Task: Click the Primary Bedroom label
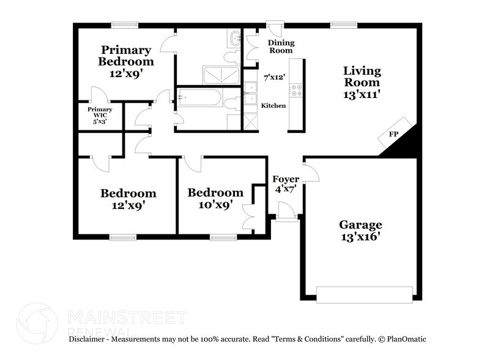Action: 127,56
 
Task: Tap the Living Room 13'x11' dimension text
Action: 362,94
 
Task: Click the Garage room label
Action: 362,225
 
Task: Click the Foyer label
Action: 286,179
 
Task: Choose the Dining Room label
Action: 282,47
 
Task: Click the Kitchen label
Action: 274,106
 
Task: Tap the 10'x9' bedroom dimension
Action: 215,205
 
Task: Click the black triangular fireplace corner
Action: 408,141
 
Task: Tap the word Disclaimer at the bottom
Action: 89,339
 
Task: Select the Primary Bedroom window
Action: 125,24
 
